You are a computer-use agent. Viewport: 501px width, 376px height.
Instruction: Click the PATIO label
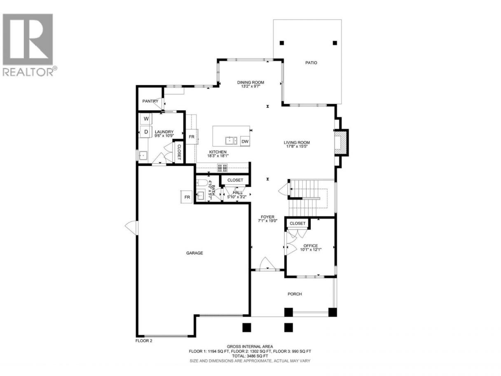311,63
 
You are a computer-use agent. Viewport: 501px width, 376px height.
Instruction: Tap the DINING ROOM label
250,82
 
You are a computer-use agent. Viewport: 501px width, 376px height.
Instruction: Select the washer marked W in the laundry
146,119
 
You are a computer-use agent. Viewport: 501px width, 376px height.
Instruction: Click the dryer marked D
146,132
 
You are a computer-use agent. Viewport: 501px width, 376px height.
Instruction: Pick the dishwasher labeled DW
245,141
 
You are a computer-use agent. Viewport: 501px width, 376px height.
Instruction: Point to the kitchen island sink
231,141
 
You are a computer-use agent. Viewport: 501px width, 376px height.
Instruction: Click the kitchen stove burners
222,168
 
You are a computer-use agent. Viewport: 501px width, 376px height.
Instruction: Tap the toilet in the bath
202,183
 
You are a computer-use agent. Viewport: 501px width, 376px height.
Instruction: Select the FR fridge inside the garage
187,197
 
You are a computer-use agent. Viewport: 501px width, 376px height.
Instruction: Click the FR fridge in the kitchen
192,137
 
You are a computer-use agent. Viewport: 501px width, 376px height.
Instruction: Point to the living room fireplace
341,143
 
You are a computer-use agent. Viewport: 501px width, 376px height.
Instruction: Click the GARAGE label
194,253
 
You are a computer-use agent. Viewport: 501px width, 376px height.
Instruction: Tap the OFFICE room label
310,246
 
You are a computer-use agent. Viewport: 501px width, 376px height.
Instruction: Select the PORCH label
295,294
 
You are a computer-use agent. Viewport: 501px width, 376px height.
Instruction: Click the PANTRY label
150,101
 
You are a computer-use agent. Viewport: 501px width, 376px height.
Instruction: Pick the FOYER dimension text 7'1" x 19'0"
267,221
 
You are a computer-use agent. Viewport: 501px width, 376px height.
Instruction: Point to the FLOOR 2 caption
143,347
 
